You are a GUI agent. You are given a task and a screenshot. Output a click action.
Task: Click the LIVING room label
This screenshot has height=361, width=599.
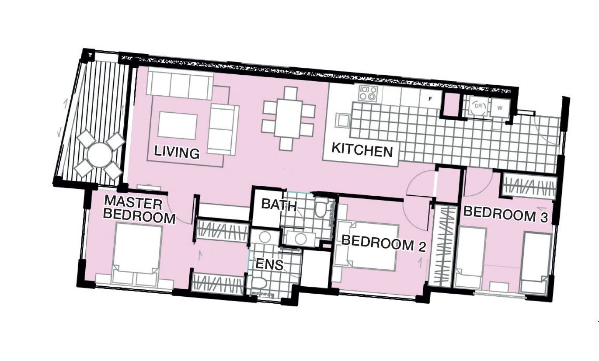pos(177,153)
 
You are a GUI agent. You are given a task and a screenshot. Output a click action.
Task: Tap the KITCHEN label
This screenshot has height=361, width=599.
pos(362,150)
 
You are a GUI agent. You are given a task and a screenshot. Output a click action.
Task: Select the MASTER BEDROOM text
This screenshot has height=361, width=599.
pos(139,209)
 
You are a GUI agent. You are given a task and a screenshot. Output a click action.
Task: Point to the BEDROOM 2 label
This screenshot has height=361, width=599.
pos(384,243)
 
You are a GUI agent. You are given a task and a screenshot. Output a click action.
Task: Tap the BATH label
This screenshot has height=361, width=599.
pos(279,205)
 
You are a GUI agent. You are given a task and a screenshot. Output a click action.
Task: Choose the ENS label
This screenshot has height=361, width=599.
pos(269,264)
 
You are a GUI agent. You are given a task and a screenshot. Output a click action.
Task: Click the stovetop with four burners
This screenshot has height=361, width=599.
pos(368,93)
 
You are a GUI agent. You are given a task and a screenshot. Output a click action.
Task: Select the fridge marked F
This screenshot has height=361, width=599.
pos(431,99)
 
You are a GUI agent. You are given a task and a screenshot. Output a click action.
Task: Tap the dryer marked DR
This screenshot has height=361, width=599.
pos(478,106)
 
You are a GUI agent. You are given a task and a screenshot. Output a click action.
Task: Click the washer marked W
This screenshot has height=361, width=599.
pos(500,108)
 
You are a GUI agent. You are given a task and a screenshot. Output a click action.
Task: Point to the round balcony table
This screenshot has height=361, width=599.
pos(100,155)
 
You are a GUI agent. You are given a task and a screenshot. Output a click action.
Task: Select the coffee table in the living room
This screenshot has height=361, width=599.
pos(178,125)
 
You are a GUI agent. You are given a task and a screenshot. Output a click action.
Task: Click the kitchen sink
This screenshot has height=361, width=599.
pos(343,121)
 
